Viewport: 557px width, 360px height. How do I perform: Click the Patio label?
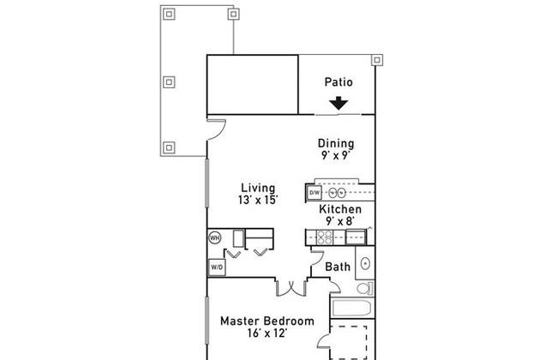(338, 82)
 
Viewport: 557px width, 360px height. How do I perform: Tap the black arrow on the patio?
(338, 103)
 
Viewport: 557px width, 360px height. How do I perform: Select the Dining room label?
(336, 144)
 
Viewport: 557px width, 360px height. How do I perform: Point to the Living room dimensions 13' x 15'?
(258, 200)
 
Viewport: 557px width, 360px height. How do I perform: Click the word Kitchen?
(340, 209)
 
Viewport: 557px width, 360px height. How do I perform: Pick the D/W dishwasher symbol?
(314, 193)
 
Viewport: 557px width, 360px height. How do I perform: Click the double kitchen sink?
(337, 193)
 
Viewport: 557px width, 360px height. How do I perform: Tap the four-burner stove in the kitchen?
(324, 237)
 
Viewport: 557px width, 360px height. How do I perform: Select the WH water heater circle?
(214, 237)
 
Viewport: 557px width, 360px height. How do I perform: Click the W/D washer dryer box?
(216, 267)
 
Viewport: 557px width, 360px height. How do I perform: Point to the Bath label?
(338, 267)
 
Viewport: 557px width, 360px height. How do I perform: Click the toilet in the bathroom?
(365, 288)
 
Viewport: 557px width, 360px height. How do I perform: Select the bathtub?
(351, 308)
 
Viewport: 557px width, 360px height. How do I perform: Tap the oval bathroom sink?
(365, 264)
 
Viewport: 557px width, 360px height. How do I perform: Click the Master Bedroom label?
(267, 321)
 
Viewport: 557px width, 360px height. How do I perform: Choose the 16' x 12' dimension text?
(267, 333)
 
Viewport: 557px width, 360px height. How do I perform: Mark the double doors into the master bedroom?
(291, 289)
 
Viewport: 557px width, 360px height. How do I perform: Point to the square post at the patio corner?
(377, 60)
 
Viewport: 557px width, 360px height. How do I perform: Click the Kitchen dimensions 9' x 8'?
(340, 221)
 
